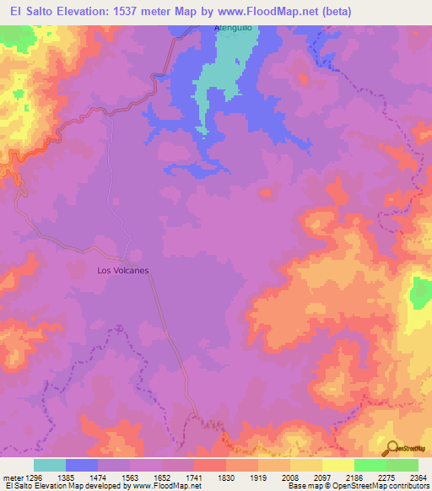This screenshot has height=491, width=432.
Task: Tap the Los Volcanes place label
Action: click(x=123, y=271)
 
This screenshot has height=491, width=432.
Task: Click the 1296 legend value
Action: click(x=35, y=477)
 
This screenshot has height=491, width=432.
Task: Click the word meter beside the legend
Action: click(x=11, y=477)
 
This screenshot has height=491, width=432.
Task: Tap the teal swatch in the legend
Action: click(x=50, y=465)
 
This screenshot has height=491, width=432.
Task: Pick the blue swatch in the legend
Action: click(x=82, y=465)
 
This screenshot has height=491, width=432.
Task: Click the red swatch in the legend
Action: click(x=209, y=465)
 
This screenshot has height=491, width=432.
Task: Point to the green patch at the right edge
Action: click(x=420, y=292)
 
